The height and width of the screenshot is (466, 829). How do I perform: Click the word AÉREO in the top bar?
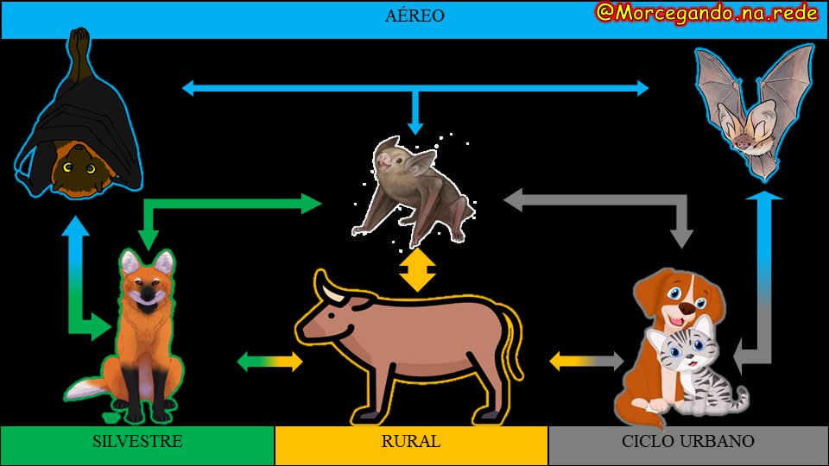414,16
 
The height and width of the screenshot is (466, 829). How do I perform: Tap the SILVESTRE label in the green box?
137,441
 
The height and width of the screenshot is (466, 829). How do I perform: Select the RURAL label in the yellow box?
411,441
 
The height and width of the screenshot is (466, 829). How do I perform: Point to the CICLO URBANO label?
688,441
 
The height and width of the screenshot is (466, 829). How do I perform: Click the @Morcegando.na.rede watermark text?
706,13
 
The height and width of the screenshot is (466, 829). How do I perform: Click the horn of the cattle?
329,290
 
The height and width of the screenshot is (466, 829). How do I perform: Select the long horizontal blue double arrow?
414,87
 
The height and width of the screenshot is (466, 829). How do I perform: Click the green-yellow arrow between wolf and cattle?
269,362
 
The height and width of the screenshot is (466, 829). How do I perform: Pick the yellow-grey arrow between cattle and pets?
586,360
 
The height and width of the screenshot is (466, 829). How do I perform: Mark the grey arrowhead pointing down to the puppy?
683,236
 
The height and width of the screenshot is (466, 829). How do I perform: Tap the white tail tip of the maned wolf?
79,393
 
